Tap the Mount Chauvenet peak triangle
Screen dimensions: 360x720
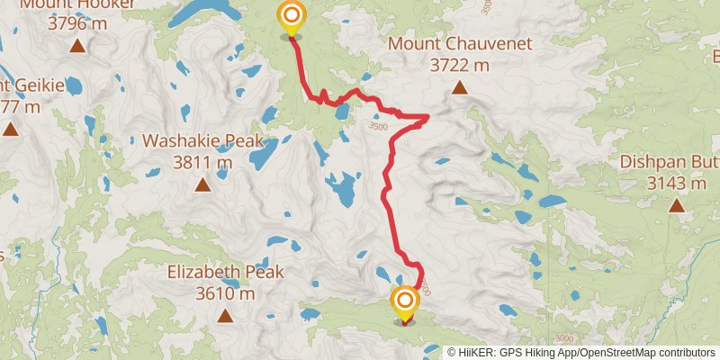pos(460,88)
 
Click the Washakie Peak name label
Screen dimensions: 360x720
pos(202,141)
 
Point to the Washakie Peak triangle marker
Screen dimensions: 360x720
pos(202,186)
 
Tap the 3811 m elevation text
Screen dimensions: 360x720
pos(202,163)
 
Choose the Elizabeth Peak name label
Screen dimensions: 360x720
pos(226,272)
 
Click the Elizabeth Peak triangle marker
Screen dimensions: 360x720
pos(225,316)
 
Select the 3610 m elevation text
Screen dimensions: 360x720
pos(226,293)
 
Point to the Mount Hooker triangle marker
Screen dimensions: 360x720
pos(78,46)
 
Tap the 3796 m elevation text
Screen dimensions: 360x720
pos(78,23)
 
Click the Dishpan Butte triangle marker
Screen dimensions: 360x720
pos(676,206)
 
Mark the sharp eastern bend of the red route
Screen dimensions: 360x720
pos(427,116)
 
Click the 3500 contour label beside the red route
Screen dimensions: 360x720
pos(377,128)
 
